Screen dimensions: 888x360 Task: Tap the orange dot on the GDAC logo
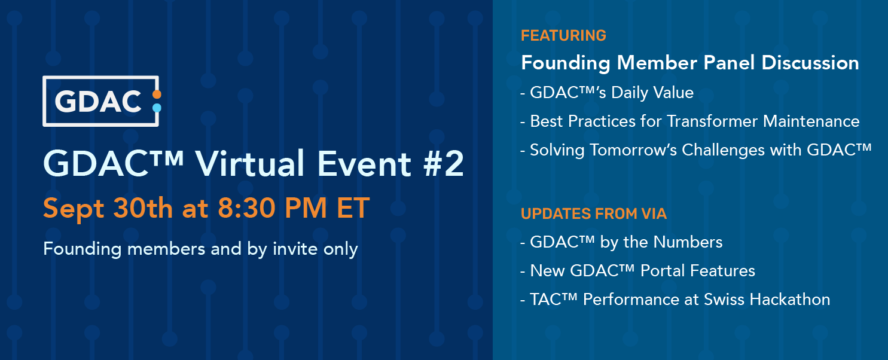pos(157,94)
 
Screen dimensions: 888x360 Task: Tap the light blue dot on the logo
pos(157,108)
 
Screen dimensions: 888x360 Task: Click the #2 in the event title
pos(444,164)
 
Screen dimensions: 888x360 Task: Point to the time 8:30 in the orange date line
pos(246,208)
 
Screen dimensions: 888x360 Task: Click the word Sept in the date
pos(74,209)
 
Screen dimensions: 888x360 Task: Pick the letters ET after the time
pos(353,208)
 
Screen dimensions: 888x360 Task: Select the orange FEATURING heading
pos(563,36)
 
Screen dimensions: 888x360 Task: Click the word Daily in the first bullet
pos(629,93)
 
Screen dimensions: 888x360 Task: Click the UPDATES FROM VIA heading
pos(594,213)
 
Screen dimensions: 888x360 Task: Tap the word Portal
pos(663,271)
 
